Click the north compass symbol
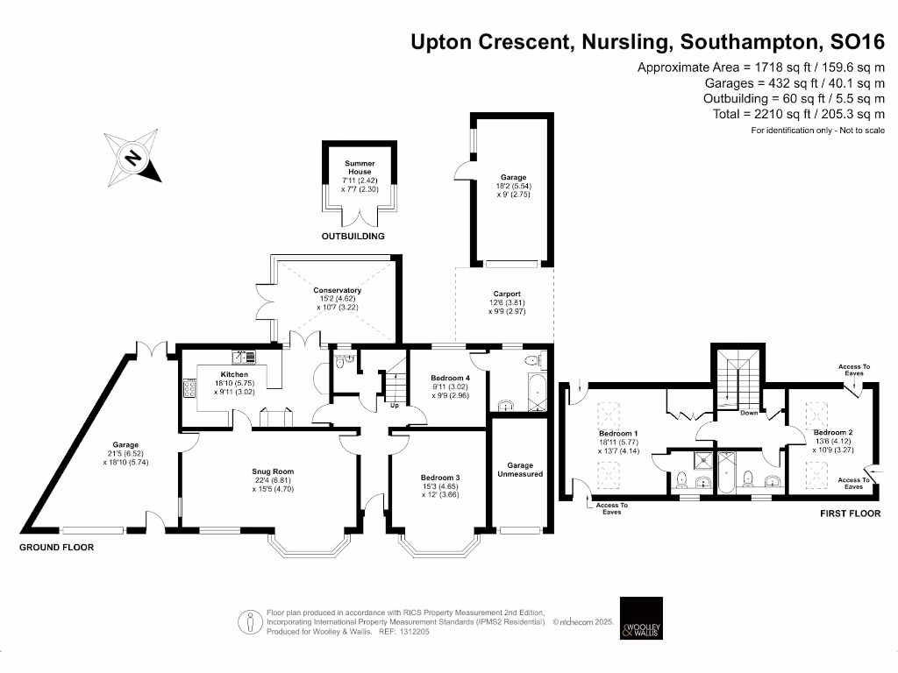tap(133, 158)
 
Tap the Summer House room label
tap(359, 167)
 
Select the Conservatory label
tap(338, 291)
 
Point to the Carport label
tap(506, 294)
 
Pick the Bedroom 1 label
tap(618, 434)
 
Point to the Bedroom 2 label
tap(832, 433)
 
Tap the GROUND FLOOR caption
tap(57, 547)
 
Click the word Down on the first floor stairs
tap(749, 413)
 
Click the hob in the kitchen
tap(189, 388)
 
